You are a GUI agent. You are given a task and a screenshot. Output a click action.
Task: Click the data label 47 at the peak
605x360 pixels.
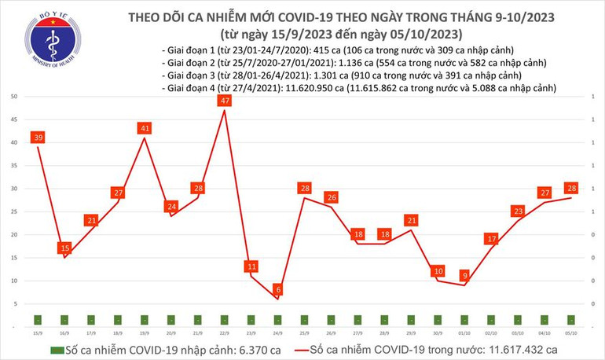225,101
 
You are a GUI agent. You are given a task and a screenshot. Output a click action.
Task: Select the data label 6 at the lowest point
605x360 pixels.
278,290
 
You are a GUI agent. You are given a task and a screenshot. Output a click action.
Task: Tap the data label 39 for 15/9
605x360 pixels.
38,138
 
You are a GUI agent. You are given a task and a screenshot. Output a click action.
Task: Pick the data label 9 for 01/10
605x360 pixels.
465,275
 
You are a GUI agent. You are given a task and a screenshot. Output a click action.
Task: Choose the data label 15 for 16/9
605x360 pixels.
65,248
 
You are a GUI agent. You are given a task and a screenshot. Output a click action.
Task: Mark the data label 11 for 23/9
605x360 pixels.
252,266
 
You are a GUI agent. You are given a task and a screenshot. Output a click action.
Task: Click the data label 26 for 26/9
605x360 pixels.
332,197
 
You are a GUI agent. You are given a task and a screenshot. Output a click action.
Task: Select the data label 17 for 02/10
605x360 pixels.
492,239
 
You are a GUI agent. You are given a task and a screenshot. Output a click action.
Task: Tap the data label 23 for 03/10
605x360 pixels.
519,211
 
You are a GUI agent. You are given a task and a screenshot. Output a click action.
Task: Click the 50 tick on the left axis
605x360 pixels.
15,97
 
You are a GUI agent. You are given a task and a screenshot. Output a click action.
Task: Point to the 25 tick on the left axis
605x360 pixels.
15,211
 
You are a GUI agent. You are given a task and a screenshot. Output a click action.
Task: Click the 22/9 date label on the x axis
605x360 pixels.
225,332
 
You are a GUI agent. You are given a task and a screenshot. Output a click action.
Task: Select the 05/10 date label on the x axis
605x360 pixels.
571,332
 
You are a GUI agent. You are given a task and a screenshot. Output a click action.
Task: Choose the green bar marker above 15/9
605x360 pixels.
38,319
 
